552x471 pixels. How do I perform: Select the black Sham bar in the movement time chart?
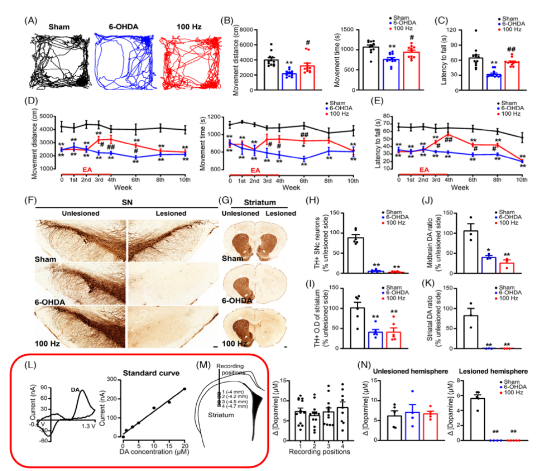[371, 69]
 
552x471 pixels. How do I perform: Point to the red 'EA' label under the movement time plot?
[256, 170]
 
